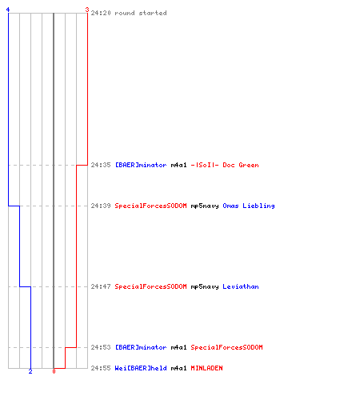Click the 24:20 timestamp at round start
click(101, 13)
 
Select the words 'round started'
click(141, 13)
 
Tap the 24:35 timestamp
click(101, 165)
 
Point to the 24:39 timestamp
click(101, 206)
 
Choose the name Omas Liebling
click(249, 206)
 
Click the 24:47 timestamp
click(101, 286)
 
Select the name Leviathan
click(241, 286)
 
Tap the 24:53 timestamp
click(101, 347)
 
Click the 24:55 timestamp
click(101, 368)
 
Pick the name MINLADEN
click(206, 368)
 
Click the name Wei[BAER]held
click(141, 368)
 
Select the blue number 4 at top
click(8, 10)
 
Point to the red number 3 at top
click(87, 10)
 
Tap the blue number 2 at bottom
click(30, 371)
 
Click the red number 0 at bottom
click(54, 371)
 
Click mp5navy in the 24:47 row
click(205, 286)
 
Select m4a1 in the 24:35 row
click(178, 165)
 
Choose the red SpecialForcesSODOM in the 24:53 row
click(226, 347)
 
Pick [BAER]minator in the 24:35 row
click(141, 165)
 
